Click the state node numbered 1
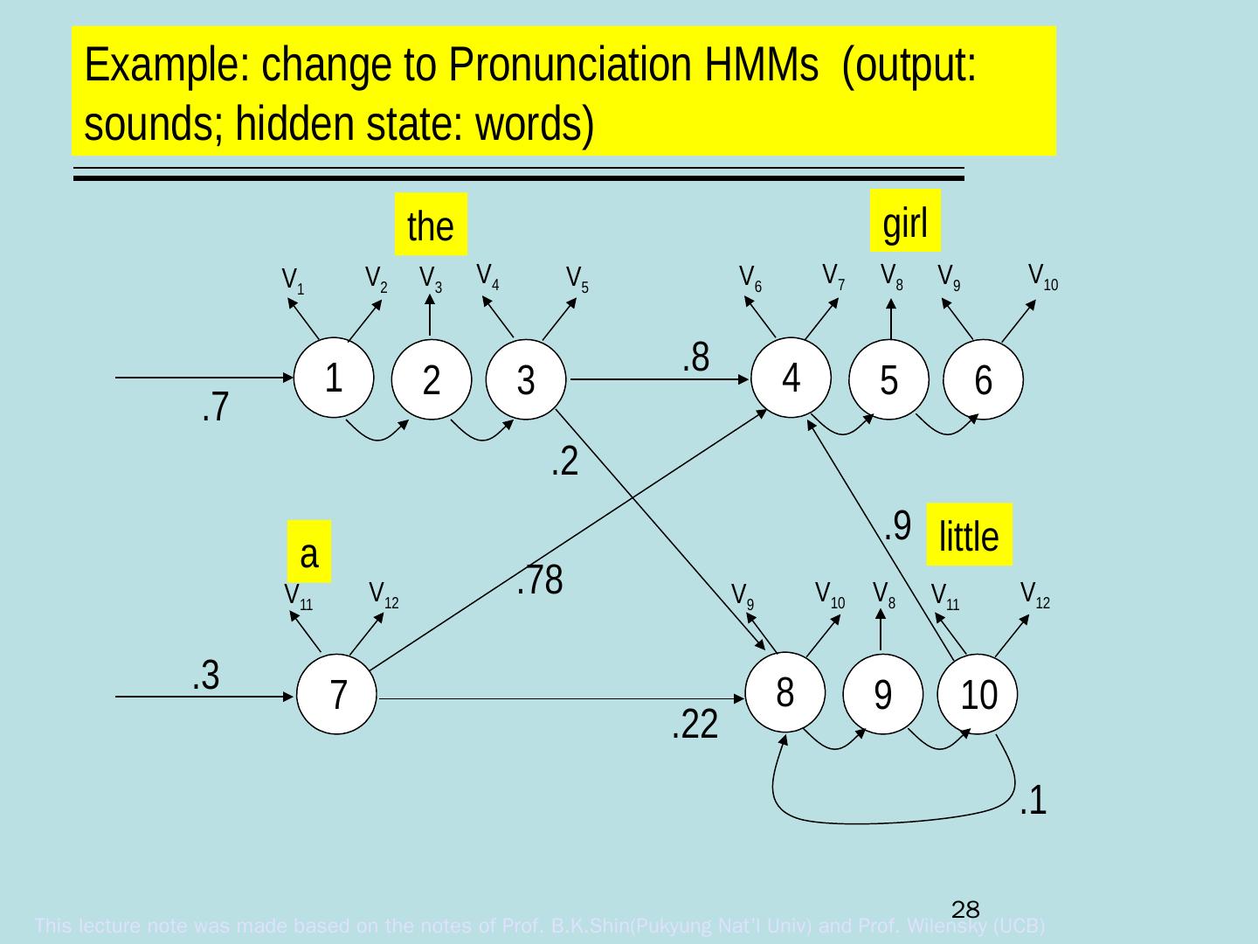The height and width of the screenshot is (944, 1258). [332, 378]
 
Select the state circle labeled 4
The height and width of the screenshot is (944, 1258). [791, 378]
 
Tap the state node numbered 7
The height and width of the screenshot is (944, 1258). [337, 695]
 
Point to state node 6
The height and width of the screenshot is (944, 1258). [983, 380]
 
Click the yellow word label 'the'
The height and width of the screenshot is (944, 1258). [430, 226]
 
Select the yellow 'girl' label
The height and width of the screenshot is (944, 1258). [905, 224]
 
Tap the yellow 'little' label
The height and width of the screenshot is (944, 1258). [969, 535]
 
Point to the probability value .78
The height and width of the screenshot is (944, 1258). [539, 580]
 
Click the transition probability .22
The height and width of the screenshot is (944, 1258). [695, 724]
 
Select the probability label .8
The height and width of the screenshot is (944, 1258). [695, 356]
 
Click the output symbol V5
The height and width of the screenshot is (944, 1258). [577, 279]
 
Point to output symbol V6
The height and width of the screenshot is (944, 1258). [750, 277]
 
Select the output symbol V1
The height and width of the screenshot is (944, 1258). [294, 281]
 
